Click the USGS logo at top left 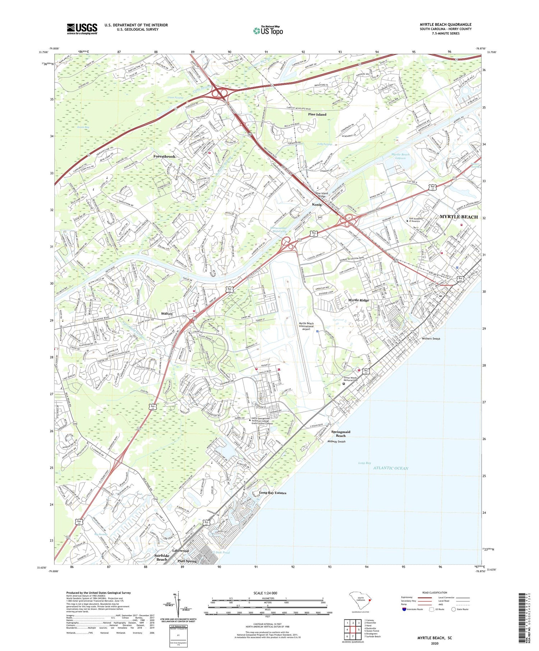click(x=82, y=29)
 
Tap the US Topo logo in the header click(x=268, y=31)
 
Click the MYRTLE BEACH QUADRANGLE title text click(x=445, y=24)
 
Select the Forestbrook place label click(x=164, y=157)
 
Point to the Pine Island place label click(x=317, y=114)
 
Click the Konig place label click(x=317, y=204)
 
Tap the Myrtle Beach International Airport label click(x=306, y=326)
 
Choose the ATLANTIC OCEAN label click(x=391, y=468)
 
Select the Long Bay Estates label click(x=273, y=493)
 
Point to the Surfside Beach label click(x=162, y=557)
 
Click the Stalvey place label click(x=167, y=313)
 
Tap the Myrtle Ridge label click(x=358, y=300)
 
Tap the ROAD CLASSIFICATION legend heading click(x=435, y=592)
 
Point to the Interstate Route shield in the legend click(x=404, y=609)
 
